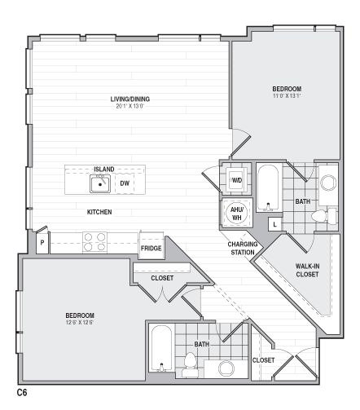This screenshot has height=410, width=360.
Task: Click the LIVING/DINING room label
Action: pyautogui.click(x=130, y=99)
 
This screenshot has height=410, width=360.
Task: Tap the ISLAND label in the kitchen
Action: pyautogui.click(x=103, y=169)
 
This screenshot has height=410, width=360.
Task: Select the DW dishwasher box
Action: pyautogui.click(x=125, y=183)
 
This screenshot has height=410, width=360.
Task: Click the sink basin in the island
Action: pyautogui.click(x=100, y=184)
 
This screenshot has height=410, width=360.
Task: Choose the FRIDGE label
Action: pyautogui.click(x=151, y=248)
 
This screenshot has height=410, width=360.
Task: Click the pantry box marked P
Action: pyautogui.click(x=41, y=242)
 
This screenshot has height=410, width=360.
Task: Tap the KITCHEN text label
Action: pyautogui.click(x=99, y=212)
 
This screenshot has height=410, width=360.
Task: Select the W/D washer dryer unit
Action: pyautogui.click(x=236, y=180)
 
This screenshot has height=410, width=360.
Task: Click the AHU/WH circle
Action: pyautogui.click(x=236, y=214)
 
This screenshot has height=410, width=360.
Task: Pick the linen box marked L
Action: pyautogui.click(x=274, y=223)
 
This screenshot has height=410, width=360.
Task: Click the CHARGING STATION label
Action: pyautogui.click(x=243, y=248)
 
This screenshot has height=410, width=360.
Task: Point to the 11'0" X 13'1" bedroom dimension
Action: pyautogui.click(x=287, y=95)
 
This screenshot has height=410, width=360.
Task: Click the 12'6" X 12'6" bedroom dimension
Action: pyautogui.click(x=80, y=322)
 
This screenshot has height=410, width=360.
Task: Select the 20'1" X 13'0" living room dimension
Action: pyautogui.click(x=130, y=106)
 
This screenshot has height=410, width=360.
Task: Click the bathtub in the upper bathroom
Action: pyautogui.click(x=268, y=187)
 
